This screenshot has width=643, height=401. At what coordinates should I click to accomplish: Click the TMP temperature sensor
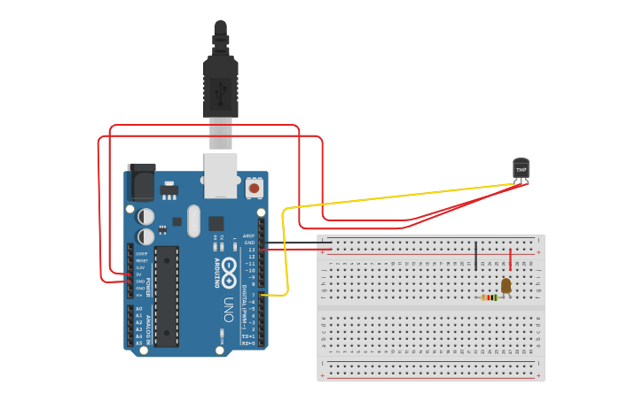521,168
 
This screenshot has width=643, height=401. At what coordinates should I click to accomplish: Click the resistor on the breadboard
489,297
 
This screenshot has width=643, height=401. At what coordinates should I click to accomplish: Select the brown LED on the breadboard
506,285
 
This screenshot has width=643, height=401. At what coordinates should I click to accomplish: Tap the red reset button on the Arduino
255,188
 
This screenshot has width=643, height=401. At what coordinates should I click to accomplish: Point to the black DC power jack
141,181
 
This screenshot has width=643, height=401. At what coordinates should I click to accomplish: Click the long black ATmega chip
166,296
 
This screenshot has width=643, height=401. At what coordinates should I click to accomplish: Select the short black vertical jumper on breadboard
476,256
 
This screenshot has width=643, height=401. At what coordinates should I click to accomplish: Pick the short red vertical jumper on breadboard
510,259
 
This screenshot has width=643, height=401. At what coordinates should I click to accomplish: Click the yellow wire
399,197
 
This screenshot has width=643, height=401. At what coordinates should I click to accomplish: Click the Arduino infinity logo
229,266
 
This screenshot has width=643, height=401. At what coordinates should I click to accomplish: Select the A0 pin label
138,309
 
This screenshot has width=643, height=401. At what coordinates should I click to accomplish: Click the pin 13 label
251,250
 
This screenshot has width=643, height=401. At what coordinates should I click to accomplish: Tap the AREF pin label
250,235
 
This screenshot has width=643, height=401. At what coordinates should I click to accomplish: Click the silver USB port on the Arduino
221,174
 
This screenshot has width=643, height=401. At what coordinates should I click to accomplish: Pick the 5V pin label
138,274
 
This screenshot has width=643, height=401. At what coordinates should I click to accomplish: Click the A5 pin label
138,343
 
